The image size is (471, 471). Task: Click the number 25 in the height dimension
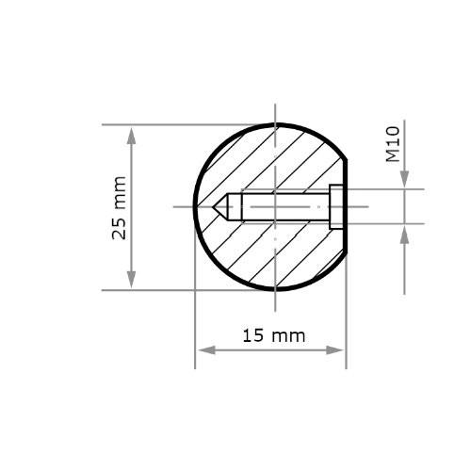click(x=119, y=228)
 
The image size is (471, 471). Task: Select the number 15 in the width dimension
click(x=252, y=335)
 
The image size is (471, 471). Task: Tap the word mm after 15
click(x=285, y=335)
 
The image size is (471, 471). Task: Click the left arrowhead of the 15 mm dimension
click(x=203, y=350)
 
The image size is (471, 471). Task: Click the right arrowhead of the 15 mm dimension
click(x=338, y=350)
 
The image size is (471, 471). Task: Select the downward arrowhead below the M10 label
click(x=404, y=181)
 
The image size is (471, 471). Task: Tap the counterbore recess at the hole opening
click(x=336, y=206)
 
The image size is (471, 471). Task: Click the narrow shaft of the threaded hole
click(x=283, y=206)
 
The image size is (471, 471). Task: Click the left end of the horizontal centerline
click(x=176, y=206)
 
